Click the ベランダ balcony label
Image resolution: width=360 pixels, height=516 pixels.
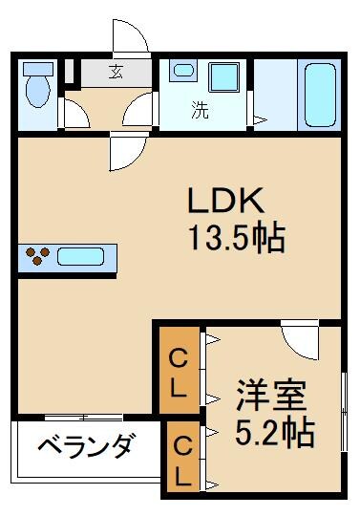(86, 445)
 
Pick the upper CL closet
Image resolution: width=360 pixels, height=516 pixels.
(179, 372)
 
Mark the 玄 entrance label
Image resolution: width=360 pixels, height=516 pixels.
(115, 73)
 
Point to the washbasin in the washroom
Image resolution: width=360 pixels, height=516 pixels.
(181, 75)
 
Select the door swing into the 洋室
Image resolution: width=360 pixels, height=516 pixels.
(299, 337)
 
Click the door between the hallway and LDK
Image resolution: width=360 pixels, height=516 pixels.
(125, 147)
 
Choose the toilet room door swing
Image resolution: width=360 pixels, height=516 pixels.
(74, 114)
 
